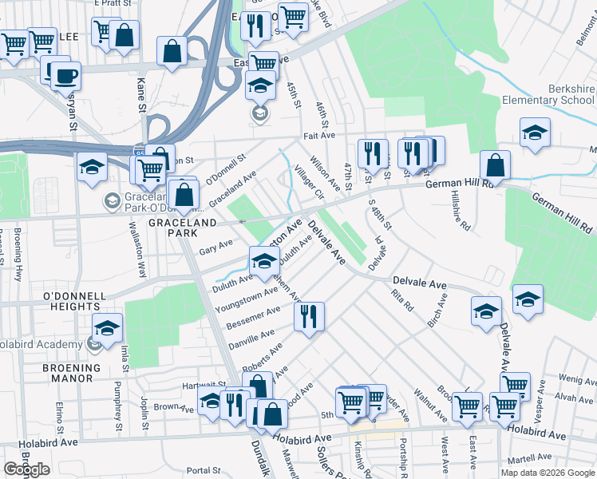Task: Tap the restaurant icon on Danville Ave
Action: (309, 316)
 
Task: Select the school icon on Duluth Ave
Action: (264, 260)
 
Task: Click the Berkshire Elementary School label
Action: (548, 94)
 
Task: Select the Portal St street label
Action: (204, 470)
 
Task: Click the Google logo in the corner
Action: (27, 469)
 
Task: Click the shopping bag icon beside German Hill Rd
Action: (496, 166)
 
